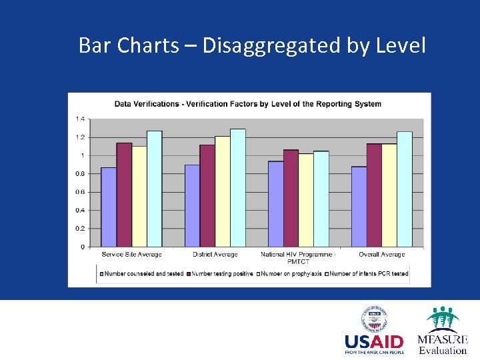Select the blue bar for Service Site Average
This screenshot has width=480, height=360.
109,207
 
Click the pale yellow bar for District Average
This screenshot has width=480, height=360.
223,191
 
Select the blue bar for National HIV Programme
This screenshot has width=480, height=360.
275,204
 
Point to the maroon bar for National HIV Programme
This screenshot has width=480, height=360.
291,198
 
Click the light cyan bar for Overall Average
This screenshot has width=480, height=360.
405,189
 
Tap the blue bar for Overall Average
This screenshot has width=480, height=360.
359,207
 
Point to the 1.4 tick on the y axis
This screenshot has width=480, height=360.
80,119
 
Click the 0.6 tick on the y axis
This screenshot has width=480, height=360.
80,192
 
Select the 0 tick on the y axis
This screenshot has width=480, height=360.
83,247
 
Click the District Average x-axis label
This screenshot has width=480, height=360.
215,255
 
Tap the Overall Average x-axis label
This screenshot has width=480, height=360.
382,255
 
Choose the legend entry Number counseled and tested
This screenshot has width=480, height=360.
142,273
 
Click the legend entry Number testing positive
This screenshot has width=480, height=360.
221,273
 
